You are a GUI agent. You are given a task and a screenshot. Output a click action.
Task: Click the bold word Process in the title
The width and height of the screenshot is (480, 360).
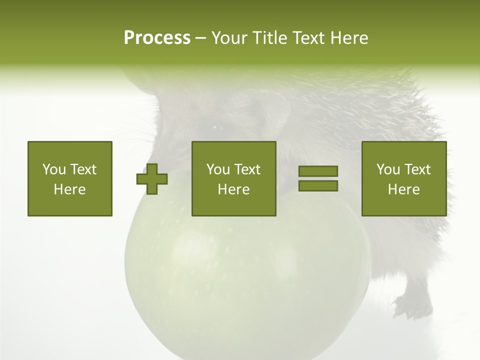[157, 38]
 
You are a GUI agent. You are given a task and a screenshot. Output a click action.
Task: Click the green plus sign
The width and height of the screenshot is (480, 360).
[152, 179]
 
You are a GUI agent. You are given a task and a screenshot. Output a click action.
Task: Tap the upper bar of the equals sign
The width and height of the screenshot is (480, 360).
[318, 171]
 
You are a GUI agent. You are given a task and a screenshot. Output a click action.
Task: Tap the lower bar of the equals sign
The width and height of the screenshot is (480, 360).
[318, 185]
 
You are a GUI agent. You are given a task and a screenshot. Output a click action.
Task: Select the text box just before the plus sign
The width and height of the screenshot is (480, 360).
[70, 178]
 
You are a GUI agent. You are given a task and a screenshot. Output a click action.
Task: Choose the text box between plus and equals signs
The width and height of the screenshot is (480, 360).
[233, 178]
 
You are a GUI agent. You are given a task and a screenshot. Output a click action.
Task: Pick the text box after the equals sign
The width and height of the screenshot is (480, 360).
[403, 178]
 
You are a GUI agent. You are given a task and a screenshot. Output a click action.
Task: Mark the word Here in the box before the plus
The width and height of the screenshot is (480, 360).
[70, 189]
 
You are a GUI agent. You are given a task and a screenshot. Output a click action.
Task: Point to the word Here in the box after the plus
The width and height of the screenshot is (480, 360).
[233, 189]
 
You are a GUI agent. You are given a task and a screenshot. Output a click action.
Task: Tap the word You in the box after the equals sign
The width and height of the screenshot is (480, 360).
[388, 169]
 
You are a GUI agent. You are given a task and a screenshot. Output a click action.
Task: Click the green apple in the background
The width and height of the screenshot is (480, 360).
[245, 280]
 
